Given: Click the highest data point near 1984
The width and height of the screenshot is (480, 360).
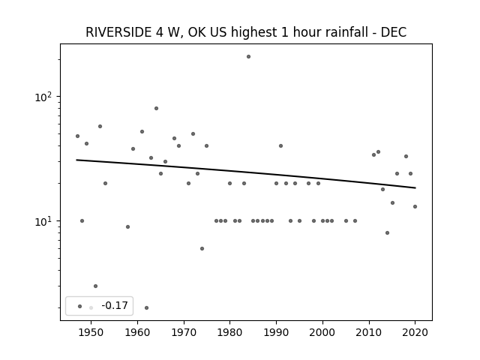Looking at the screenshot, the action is click(x=248, y=57).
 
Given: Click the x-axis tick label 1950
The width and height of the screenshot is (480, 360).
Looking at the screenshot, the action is click(x=91, y=332).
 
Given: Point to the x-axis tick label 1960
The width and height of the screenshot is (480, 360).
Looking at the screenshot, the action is click(x=137, y=332).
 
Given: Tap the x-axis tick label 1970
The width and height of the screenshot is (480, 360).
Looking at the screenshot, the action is click(x=184, y=332).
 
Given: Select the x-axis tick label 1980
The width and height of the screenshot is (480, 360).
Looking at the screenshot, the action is click(x=230, y=332).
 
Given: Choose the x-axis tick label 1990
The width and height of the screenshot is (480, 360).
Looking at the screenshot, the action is click(x=276, y=332).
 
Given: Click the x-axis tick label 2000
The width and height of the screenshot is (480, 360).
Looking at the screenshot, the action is click(x=322, y=332).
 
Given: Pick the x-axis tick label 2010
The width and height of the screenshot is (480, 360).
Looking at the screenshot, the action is click(x=369, y=332).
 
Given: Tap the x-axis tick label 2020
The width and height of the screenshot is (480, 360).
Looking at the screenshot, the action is click(x=415, y=332).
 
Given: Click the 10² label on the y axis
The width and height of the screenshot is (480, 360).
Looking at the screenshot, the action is click(x=43, y=97).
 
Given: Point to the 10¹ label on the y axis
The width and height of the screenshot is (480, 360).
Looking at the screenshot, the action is click(x=43, y=221).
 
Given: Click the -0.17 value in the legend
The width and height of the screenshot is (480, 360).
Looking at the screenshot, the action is click(x=115, y=305).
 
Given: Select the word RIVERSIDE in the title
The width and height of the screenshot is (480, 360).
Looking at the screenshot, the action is click(x=118, y=32).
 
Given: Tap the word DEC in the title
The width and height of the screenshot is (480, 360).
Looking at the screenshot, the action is click(x=393, y=32).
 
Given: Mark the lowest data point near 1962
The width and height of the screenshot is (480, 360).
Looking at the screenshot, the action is click(x=147, y=307).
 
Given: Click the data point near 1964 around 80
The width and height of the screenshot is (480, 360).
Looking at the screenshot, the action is click(x=157, y=108).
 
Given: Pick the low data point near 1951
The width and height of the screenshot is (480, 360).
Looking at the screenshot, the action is click(x=95, y=286).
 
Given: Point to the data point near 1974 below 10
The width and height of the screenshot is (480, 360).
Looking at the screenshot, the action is click(x=202, y=248).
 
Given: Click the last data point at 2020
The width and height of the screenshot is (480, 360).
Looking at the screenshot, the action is click(x=415, y=207).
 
